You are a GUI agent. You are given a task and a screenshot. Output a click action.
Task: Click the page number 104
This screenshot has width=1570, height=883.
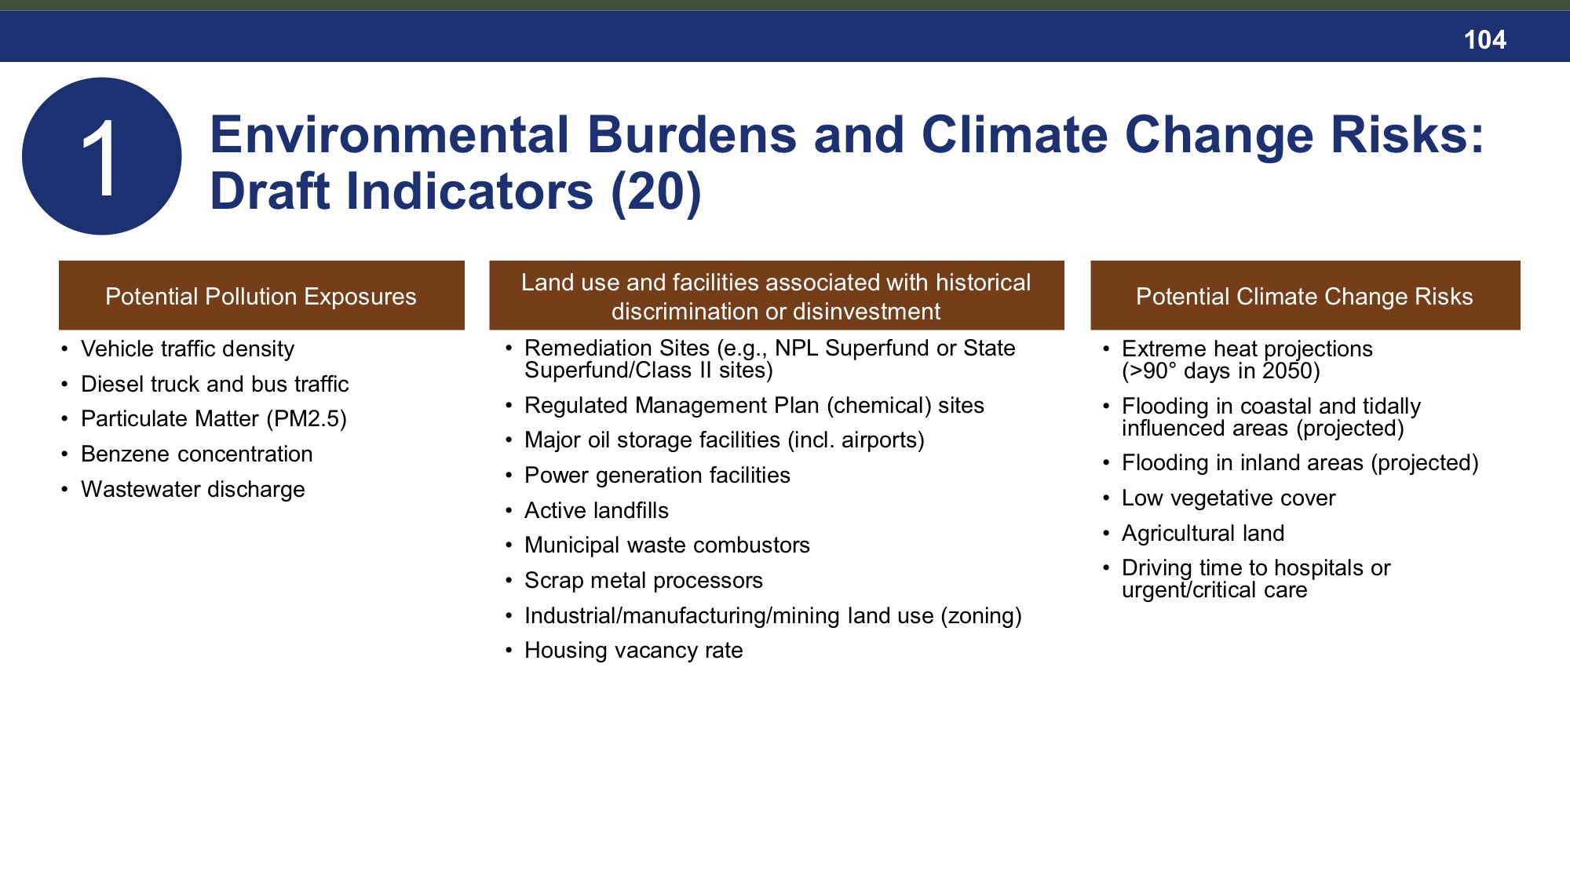click(x=1484, y=40)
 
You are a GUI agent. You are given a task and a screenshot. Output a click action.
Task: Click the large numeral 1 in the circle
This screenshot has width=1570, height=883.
click(x=100, y=159)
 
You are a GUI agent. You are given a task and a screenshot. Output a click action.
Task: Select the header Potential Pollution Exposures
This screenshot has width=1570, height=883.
click(x=261, y=297)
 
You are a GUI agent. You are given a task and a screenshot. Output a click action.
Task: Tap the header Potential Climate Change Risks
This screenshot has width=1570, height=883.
click(x=1304, y=297)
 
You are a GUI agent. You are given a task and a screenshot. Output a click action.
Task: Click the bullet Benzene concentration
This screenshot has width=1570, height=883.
click(x=196, y=454)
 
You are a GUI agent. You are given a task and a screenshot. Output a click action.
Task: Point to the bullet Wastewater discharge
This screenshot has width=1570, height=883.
click(x=192, y=490)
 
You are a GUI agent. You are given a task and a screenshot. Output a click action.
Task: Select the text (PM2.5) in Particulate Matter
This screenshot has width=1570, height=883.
click(x=306, y=419)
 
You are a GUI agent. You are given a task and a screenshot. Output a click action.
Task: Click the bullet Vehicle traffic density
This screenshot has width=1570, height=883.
click(x=188, y=349)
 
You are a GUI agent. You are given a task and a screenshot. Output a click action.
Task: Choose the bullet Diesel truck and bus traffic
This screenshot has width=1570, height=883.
click(x=214, y=385)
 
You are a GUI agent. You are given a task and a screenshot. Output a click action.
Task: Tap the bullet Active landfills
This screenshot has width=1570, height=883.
click(x=596, y=511)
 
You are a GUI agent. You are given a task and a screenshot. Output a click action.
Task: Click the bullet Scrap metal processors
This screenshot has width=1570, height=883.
click(x=643, y=581)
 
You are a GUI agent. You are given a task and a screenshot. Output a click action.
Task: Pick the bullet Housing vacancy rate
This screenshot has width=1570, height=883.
click(x=633, y=651)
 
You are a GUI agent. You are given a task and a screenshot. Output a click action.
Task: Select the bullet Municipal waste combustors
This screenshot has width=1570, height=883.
click(x=666, y=545)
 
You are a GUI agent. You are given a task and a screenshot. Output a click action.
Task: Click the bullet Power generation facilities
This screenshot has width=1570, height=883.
click(x=657, y=476)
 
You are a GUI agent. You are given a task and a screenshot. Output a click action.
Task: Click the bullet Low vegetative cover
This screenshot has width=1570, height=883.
click(x=1228, y=498)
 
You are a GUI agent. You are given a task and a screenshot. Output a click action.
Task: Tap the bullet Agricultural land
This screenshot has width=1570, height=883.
click(x=1203, y=534)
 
